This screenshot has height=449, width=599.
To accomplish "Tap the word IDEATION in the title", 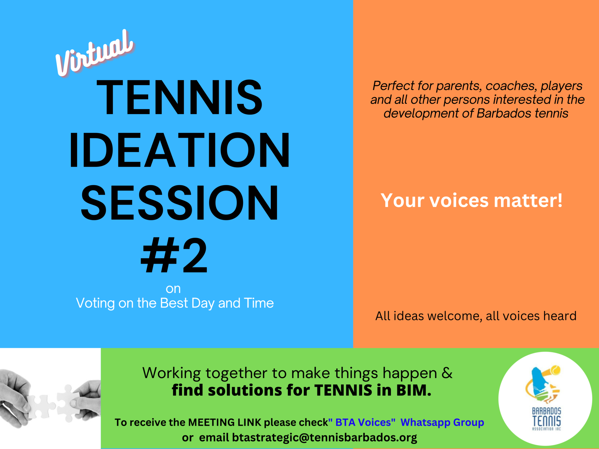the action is pyautogui.click(x=179, y=150).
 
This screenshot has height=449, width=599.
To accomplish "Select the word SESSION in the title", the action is pyautogui.click(x=180, y=203).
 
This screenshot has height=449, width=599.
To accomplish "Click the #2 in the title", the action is pyautogui.click(x=174, y=255).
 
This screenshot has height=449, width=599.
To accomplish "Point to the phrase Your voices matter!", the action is pyautogui.click(x=471, y=201).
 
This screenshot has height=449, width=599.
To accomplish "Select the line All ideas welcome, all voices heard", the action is pyautogui.click(x=476, y=316).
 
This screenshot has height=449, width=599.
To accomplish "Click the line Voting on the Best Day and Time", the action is pyautogui.click(x=175, y=303).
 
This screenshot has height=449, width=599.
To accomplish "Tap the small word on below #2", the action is pyautogui.click(x=173, y=289).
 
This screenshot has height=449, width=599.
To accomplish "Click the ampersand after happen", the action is pyautogui.click(x=447, y=373).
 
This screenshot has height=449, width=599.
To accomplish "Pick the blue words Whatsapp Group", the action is pyautogui.click(x=442, y=423).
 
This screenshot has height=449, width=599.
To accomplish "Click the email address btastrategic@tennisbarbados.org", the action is pyautogui.click(x=325, y=438).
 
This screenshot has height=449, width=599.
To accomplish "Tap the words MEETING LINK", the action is pyautogui.click(x=225, y=422).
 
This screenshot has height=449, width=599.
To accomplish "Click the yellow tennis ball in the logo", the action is pyautogui.click(x=555, y=370).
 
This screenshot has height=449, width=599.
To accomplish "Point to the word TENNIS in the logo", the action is pyautogui.click(x=547, y=421).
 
